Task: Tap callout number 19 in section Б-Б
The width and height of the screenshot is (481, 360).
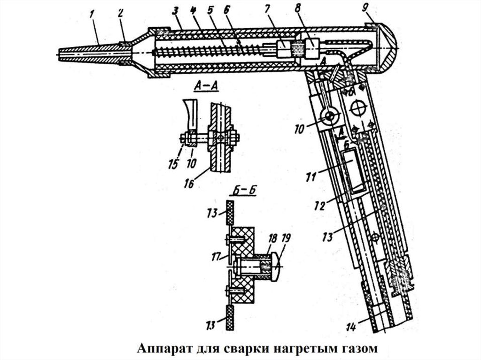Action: pos(285,239)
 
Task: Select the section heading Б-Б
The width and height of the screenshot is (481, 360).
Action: pos(243,191)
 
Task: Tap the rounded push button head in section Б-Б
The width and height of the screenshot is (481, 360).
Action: pos(276,265)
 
